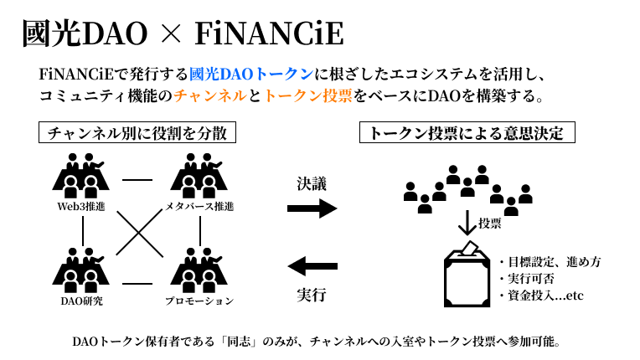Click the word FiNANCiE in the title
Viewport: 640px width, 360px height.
click(268, 34)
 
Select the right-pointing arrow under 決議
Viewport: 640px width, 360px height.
click(312, 209)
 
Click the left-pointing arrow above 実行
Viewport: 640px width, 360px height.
click(312, 267)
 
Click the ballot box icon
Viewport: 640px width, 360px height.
click(466, 274)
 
